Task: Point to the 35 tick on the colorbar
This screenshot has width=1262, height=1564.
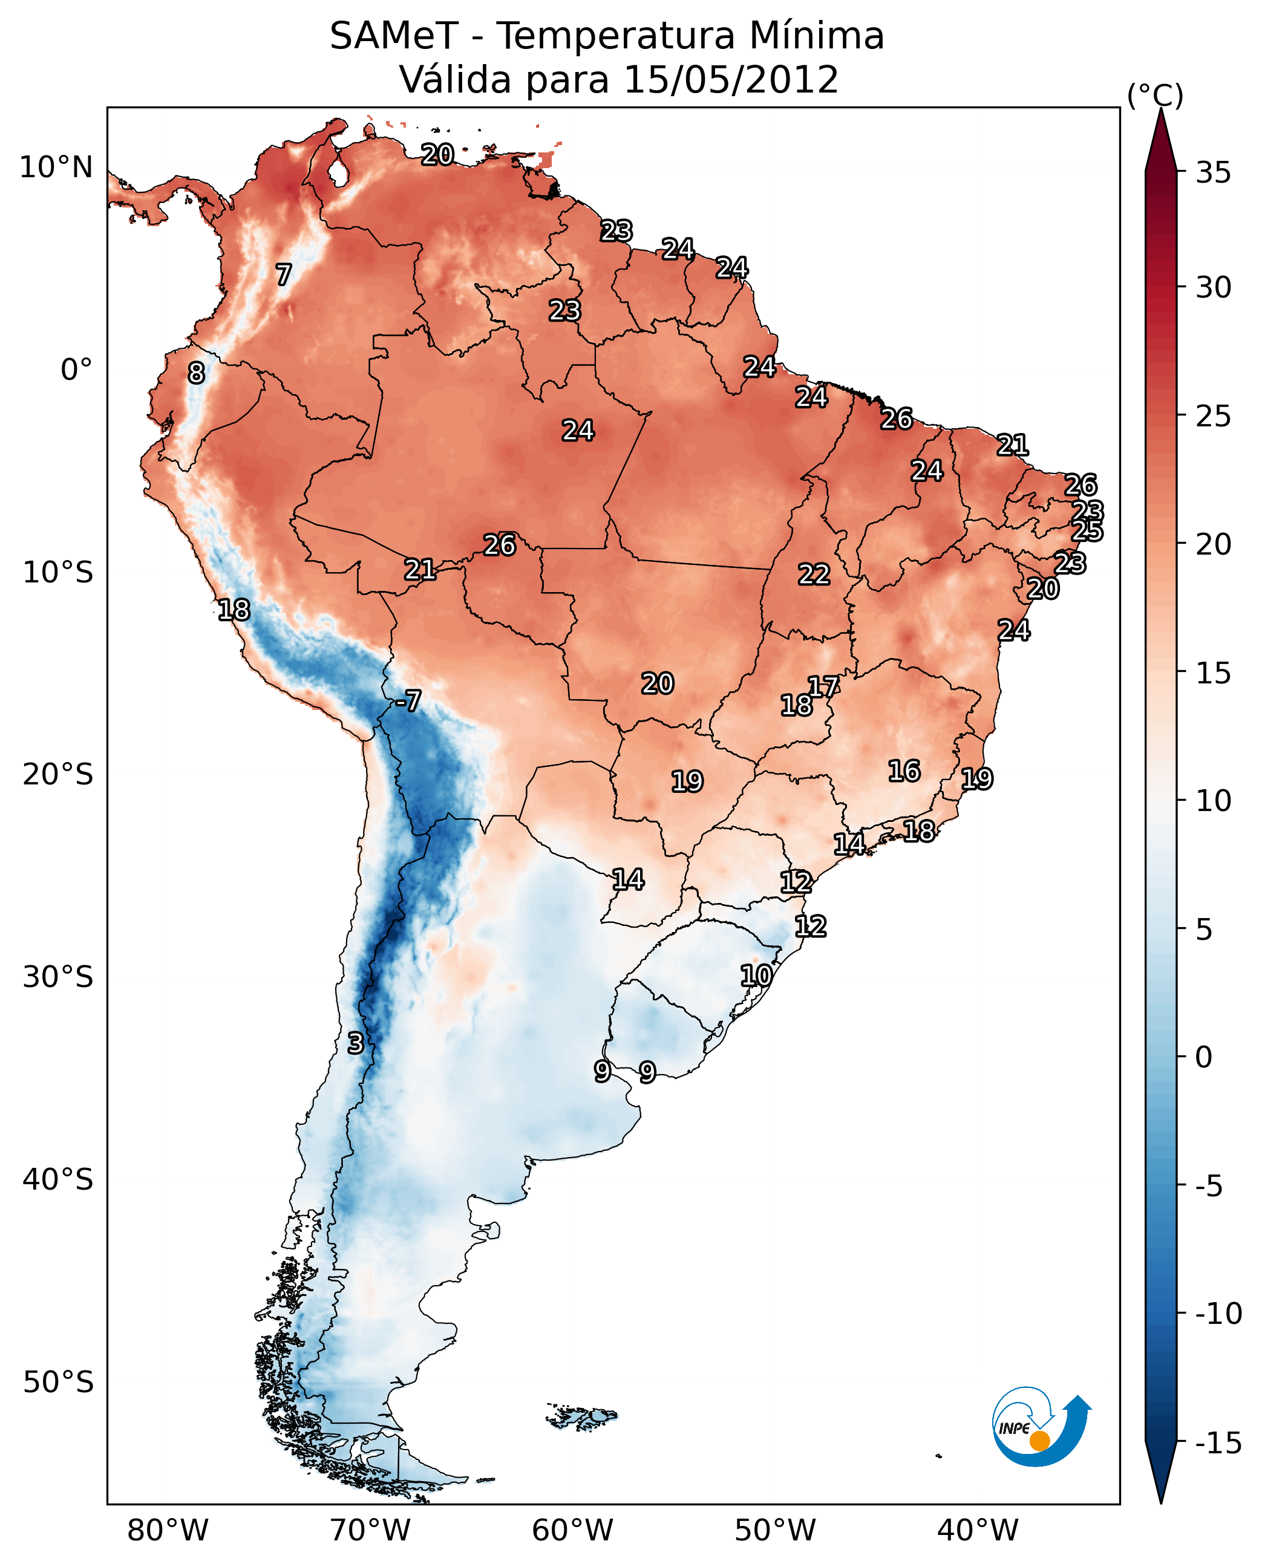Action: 1213,172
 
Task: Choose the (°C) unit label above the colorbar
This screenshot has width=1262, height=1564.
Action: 1155,95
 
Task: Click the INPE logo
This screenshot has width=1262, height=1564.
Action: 1041,1428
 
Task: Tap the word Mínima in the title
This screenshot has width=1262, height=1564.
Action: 816,36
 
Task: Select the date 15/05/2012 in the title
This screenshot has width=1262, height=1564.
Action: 731,79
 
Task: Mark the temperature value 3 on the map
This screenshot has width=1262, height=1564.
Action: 355,1043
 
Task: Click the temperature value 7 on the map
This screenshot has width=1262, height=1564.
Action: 284,275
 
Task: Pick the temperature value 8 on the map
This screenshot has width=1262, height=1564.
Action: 196,373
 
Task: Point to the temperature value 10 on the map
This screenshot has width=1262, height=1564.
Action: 756,976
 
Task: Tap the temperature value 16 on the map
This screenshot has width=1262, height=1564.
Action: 904,771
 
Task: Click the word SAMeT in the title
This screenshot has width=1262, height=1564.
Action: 394,36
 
